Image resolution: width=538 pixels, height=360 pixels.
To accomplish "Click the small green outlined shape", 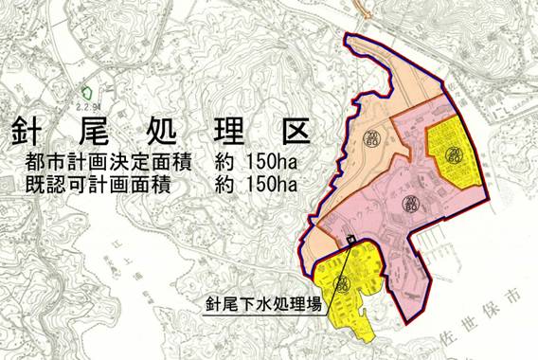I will pos(88,93).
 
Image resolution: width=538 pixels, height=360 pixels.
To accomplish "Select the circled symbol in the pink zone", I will pos(409,200).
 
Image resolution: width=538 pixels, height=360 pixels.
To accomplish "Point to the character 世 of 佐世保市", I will pos(471,321).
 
